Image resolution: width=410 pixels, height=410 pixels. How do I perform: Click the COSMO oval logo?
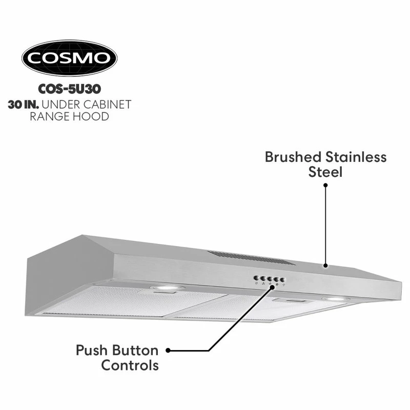pos(70,58)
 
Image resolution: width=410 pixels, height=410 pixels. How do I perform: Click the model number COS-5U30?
pos(70,89)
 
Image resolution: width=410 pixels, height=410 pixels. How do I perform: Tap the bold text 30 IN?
pos(23,105)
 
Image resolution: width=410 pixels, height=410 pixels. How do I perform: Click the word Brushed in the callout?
pos(293,157)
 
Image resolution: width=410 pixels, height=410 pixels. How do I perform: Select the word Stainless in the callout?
pos(356,157)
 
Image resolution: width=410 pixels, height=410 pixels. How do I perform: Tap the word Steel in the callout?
pos(325,172)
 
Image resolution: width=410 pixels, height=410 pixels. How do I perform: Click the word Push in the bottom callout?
pos(92,351)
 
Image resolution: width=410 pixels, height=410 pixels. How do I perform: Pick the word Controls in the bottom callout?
pos(130,365)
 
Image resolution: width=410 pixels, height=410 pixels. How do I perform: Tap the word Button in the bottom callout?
pos(135,351)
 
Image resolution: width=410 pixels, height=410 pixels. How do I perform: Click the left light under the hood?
pos(168,288)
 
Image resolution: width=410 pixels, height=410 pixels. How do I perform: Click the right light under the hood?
pos(336,299)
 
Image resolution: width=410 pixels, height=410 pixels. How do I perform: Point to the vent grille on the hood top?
pos(251,257)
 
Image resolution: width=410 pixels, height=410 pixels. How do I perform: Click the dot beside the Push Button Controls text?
pos(168,351)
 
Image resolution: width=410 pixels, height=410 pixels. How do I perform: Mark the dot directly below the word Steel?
pos(325,185)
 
